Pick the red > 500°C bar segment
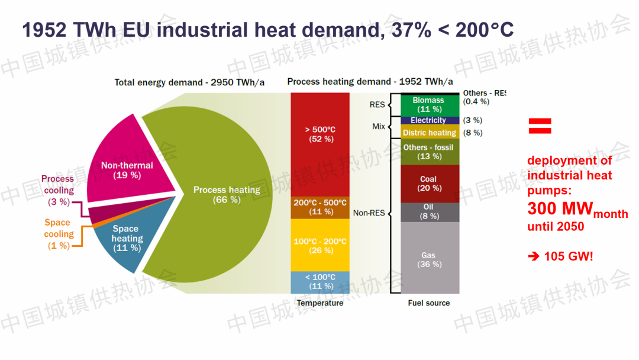(320, 134)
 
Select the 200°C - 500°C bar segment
(320, 207)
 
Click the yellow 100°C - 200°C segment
(320, 245)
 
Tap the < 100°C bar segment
(320, 282)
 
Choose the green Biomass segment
(429, 105)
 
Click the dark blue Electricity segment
(429, 120)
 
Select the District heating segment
(429, 133)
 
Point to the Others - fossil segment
(429, 152)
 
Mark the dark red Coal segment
(429, 184)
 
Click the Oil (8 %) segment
(429, 212)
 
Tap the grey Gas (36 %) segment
(429, 259)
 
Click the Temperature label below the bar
(319, 303)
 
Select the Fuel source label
(429, 303)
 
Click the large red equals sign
(540, 126)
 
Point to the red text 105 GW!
(560, 257)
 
